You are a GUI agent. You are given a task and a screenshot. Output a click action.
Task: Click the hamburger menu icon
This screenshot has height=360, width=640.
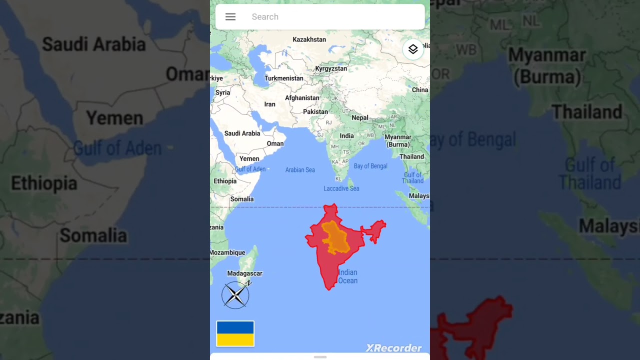coord(230,17)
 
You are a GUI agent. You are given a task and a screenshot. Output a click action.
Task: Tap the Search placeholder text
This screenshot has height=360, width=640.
coord(265,17)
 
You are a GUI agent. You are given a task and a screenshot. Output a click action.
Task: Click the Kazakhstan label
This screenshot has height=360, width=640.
coord(309,39)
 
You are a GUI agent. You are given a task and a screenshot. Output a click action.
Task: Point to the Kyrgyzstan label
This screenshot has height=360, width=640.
coord(331,68)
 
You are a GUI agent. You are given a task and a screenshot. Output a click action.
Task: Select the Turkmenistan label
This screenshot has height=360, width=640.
coord(283,78)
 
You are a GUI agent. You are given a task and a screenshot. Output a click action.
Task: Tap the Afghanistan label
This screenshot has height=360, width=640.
coord(302,98)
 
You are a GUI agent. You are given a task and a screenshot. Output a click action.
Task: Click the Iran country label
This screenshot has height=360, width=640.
coord(269,104)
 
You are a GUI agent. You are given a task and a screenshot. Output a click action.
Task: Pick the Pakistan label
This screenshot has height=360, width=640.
coord(315,112)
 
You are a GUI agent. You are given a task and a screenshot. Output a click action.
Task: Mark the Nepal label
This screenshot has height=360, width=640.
coord(360,118)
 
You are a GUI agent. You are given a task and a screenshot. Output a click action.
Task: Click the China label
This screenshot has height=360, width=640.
coord(420,90)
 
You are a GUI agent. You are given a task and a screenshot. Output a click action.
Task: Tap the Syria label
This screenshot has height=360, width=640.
coord(222,93)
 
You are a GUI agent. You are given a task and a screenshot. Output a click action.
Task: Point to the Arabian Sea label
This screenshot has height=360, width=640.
coord(300,170)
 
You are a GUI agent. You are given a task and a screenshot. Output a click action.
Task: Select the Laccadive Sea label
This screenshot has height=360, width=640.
coord(341,188)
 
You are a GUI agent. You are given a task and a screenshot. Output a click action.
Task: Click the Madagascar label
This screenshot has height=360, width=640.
coord(244,273)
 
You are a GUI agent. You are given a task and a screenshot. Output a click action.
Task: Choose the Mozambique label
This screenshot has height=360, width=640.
coord(227,252)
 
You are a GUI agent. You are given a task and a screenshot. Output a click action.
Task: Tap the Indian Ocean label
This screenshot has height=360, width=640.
coord(348,276)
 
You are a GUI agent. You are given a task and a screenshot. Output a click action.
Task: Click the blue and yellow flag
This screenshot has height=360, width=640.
coord(235,333)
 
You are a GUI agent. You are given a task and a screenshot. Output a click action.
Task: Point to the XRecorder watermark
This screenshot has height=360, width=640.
coord(393,348)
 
